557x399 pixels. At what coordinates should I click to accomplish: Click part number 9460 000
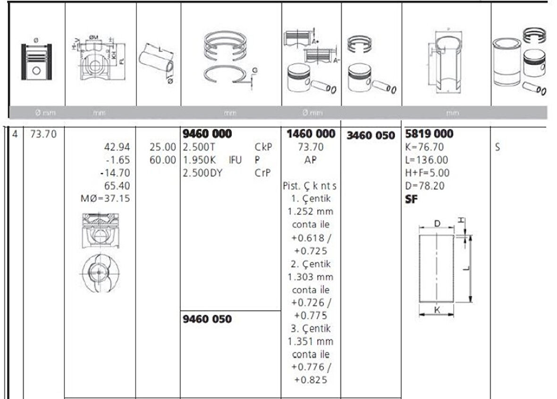click(x=207, y=134)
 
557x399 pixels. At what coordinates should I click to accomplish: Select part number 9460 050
click(x=207, y=319)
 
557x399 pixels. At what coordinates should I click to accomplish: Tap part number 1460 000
click(x=311, y=134)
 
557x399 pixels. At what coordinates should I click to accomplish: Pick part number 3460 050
click(x=371, y=136)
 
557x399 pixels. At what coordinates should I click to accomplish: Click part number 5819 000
click(x=429, y=134)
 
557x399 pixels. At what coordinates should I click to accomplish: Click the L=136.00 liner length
click(x=427, y=160)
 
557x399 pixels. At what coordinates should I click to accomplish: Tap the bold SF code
click(x=411, y=199)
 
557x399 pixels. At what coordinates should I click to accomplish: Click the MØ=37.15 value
click(x=105, y=199)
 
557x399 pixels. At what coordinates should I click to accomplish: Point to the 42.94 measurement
click(x=119, y=147)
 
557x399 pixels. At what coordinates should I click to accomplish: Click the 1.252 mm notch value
click(x=310, y=212)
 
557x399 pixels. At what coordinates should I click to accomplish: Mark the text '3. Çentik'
click(x=311, y=328)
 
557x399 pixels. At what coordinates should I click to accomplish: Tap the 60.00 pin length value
click(x=162, y=160)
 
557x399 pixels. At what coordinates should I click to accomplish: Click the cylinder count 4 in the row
click(x=15, y=134)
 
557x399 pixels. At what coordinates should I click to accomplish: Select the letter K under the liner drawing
click(x=437, y=310)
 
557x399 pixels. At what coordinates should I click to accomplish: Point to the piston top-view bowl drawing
click(x=99, y=273)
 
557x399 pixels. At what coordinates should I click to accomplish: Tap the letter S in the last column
click(x=498, y=147)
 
